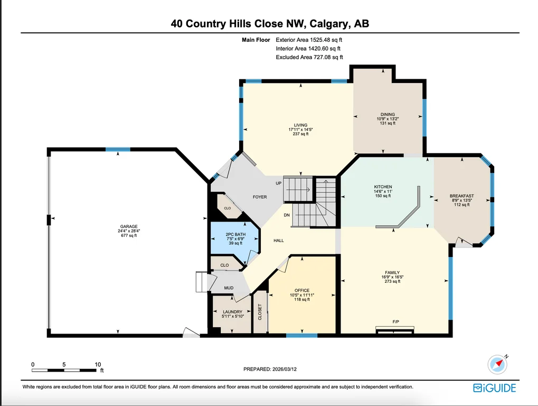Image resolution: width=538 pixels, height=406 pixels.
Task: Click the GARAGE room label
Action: click(129, 226)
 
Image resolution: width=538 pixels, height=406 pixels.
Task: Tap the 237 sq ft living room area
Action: click(300, 134)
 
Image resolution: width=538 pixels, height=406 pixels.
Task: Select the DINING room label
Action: click(388, 114)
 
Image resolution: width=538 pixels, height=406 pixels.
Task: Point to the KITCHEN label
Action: click(383, 187)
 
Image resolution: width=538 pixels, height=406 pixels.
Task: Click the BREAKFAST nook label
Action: click(462, 196)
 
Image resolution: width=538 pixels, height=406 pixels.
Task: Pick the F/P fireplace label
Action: click(395, 322)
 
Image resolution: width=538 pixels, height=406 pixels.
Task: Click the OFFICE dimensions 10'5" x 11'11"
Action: click(302, 294)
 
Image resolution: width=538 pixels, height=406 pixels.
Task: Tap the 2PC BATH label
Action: click(235, 234)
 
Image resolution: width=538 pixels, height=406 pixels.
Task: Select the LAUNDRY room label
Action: click(233, 312)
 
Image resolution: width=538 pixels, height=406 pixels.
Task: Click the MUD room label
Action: click(229, 288)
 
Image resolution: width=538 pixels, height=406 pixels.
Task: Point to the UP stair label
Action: click(279, 183)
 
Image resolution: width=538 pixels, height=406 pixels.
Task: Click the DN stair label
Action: click(287, 215)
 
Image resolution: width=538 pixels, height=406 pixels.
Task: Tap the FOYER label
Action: click(260, 197)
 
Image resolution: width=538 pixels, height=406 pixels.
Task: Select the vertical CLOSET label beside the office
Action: click(260, 312)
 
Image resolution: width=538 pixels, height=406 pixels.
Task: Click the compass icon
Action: click(497, 364)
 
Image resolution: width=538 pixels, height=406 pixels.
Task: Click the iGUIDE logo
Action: click(494, 388)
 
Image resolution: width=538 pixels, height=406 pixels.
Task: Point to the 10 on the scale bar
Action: click(98, 364)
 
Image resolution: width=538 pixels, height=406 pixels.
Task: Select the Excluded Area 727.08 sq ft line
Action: click(309, 57)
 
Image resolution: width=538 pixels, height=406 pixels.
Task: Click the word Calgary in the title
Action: click(330, 24)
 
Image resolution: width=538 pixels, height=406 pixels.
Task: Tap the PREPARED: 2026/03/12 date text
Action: click(270, 369)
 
